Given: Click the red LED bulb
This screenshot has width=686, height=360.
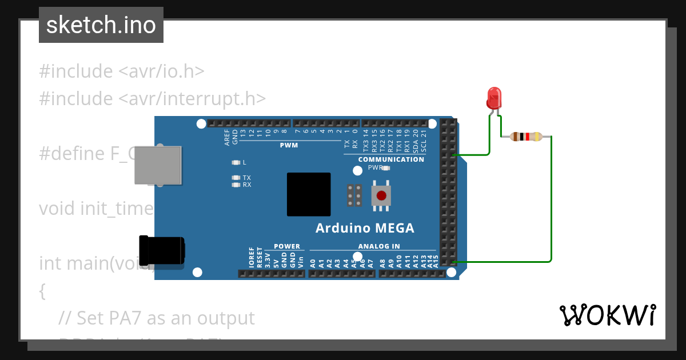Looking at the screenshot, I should (x=493, y=98).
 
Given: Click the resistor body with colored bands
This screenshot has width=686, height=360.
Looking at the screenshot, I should (x=527, y=137).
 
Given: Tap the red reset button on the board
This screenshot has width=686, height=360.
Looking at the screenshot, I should (x=381, y=195).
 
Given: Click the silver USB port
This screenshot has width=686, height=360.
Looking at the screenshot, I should (x=158, y=165).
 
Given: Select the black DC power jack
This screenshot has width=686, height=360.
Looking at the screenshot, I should (x=162, y=251).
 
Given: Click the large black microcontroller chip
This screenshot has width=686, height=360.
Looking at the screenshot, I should (x=309, y=194).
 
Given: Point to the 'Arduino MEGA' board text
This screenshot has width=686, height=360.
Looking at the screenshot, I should (x=365, y=229).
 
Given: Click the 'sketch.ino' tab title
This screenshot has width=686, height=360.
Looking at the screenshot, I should (x=101, y=25).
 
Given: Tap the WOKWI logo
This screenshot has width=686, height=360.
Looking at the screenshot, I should (x=607, y=315).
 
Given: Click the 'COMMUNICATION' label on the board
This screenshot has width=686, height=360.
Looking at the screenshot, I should (x=391, y=159).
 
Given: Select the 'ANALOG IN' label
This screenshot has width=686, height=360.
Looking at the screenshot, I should (x=379, y=246).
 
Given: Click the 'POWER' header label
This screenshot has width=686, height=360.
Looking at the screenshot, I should (x=286, y=246).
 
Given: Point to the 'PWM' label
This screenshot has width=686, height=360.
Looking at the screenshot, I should (x=289, y=145).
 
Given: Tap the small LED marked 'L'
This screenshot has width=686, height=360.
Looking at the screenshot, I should (x=235, y=163).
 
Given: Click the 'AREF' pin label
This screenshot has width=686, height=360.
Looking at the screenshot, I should (x=227, y=137).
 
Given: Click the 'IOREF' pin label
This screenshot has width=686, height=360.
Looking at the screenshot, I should (x=252, y=258).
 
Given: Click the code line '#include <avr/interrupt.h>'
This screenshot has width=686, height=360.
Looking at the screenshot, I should (x=152, y=98).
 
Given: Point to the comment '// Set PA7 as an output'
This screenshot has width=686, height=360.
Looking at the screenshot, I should (x=157, y=318).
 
